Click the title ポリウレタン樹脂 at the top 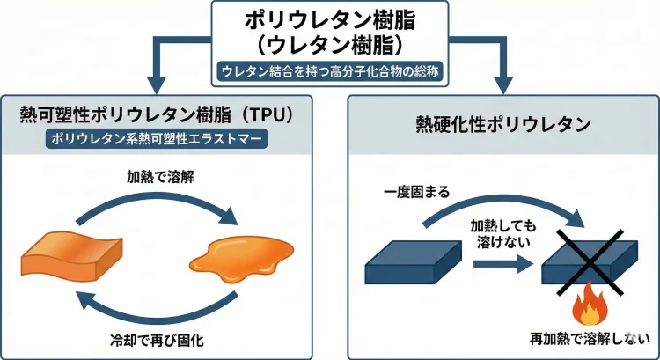(330, 19)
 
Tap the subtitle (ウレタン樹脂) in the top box (330, 45)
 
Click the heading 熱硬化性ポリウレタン (502, 124)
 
